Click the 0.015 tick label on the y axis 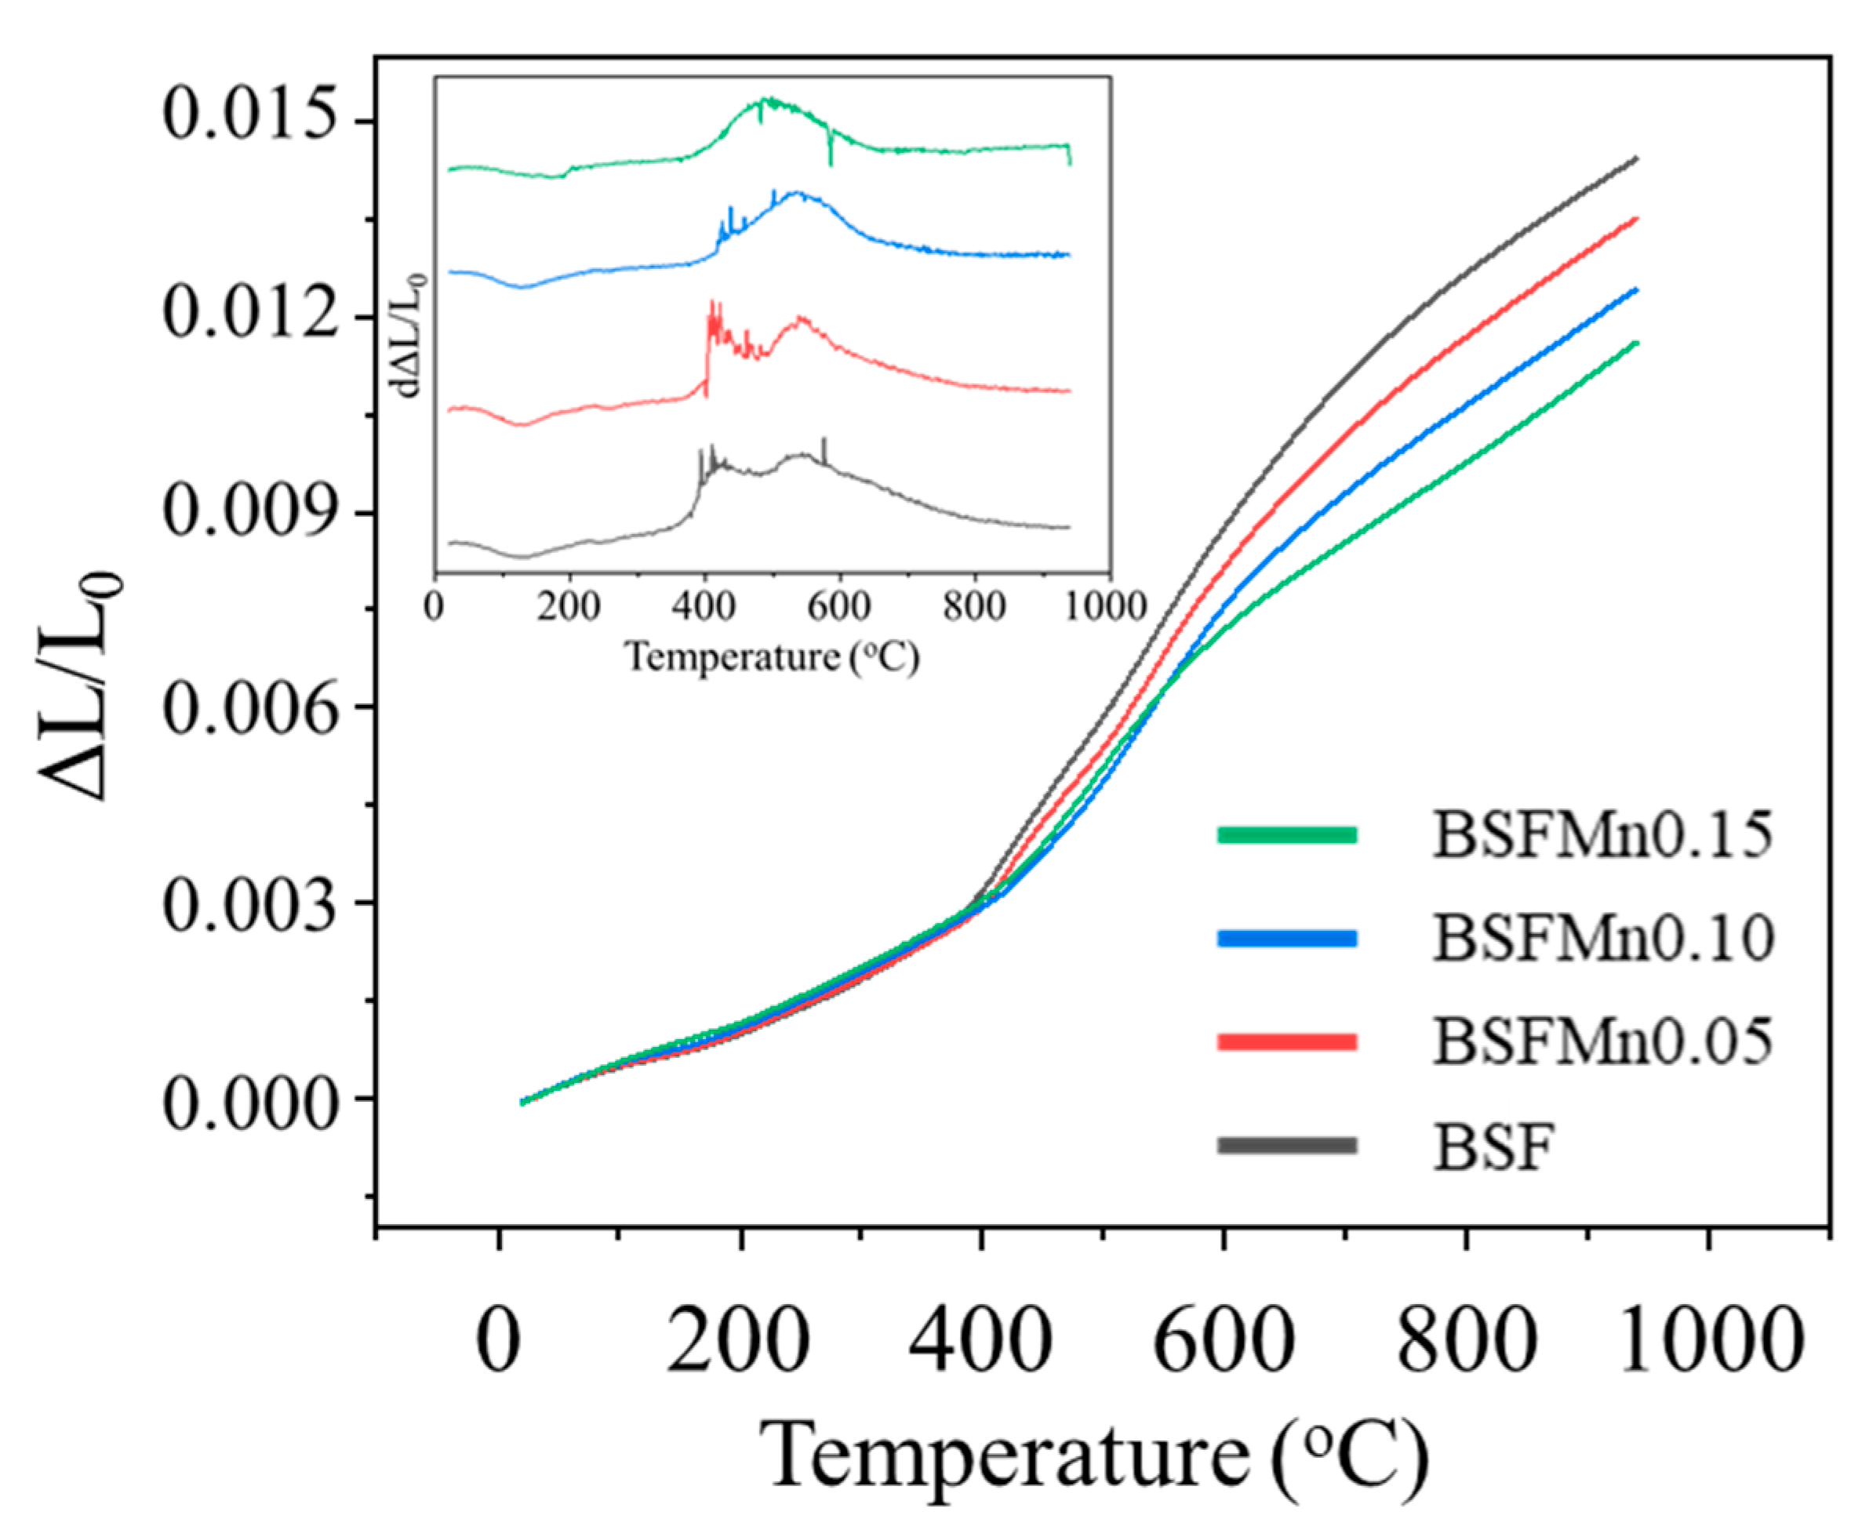coord(252,119)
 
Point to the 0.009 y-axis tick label coord(252,512)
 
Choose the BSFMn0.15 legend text coord(1603,835)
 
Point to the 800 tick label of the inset coord(974,608)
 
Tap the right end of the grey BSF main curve coord(1636,158)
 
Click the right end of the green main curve coord(1636,343)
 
